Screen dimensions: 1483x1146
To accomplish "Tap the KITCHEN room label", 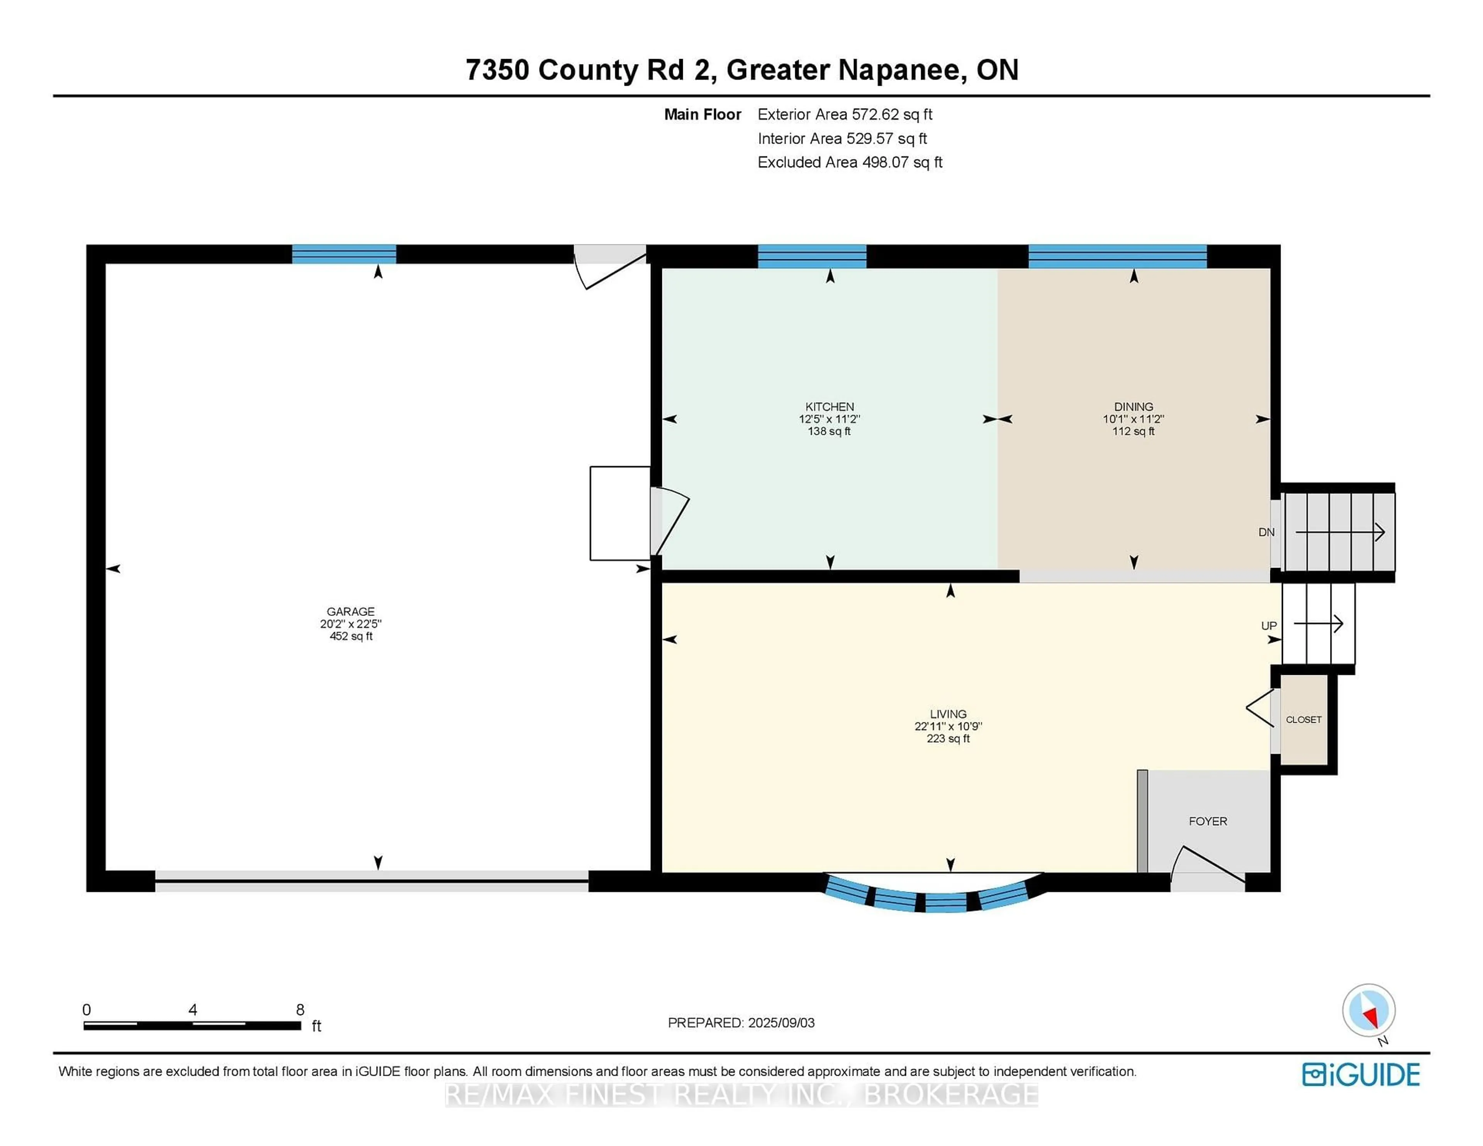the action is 830,407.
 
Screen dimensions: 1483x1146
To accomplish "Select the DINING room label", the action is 1133,407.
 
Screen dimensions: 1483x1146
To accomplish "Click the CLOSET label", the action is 1304,720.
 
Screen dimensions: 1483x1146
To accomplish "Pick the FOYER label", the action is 1208,822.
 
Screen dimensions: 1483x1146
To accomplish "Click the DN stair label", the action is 1266,532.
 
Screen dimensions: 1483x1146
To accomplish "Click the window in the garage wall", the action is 344,254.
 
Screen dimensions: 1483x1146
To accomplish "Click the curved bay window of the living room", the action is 934,895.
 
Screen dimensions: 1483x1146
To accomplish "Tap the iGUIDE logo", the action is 1361,1075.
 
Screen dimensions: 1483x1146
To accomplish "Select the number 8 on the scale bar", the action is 300,1010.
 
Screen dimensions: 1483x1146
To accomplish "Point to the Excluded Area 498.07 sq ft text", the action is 850,162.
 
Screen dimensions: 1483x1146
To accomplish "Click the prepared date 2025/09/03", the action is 781,1022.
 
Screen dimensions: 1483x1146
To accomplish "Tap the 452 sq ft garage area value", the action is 351,636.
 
